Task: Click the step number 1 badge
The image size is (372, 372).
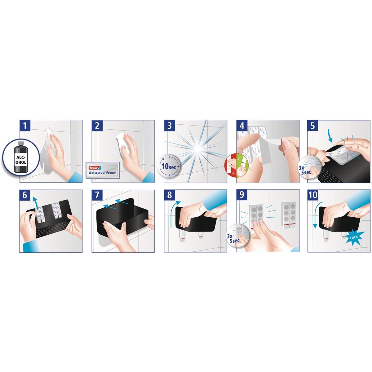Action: click(25, 126)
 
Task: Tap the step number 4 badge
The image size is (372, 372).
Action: click(242, 126)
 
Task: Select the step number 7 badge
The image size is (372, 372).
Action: click(97, 195)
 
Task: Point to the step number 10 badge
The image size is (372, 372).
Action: click(313, 195)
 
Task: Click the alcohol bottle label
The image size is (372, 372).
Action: click(21, 160)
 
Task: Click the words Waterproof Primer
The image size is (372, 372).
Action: click(102, 173)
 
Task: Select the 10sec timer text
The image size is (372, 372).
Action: click(169, 166)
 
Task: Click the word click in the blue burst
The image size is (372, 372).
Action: click(354, 237)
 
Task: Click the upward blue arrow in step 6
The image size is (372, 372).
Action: click(35, 203)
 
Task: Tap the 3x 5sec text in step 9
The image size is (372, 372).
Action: click(233, 238)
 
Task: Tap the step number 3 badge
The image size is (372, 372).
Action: click(169, 126)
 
